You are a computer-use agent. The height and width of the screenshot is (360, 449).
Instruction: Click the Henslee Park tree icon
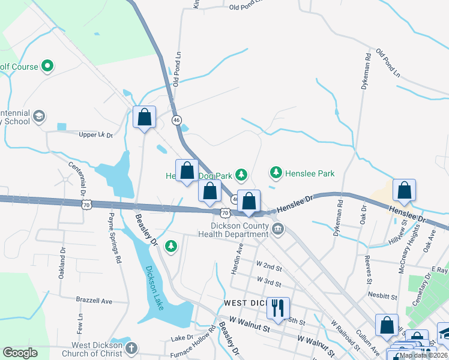(276, 173)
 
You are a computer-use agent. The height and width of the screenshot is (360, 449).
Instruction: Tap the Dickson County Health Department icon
(278, 228)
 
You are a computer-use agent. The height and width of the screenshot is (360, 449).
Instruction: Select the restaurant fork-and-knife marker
(277, 308)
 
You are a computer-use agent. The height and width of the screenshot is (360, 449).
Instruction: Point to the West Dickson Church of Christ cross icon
(131, 348)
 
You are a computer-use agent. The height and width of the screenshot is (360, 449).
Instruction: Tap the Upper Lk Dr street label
(96, 135)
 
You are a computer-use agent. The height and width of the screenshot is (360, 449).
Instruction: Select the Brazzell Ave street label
(94, 300)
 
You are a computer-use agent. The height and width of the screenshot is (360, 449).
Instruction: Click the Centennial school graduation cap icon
(40, 116)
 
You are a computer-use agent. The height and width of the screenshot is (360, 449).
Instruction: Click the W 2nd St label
(269, 266)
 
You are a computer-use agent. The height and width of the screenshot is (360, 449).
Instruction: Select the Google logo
(20, 353)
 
